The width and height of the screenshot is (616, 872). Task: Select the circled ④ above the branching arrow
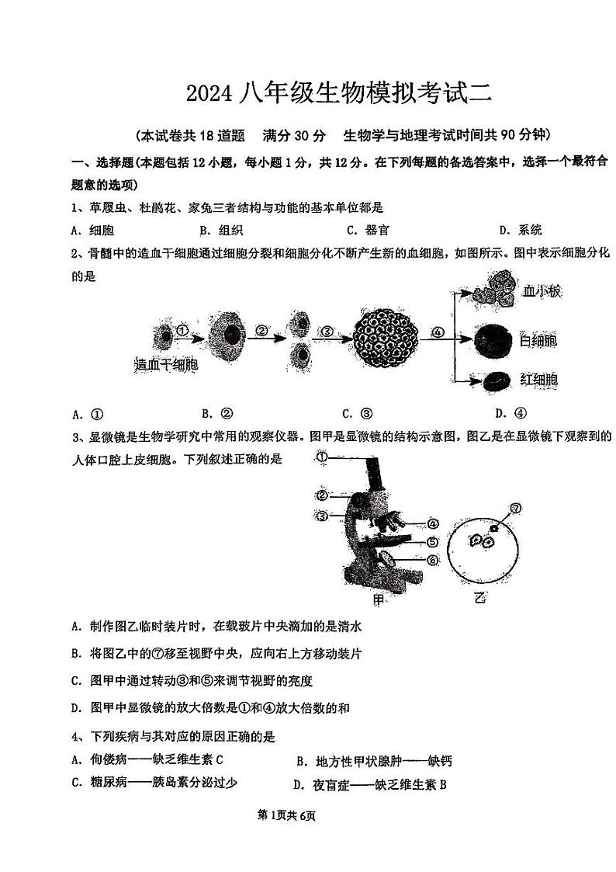click(x=438, y=332)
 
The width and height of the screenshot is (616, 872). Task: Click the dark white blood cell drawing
click(x=493, y=341)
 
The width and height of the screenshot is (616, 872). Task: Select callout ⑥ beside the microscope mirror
click(x=432, y=559)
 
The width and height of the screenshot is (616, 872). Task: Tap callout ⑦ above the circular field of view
click(x=513, y=509)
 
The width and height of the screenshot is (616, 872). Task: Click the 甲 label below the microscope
click(x=379, y=599)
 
